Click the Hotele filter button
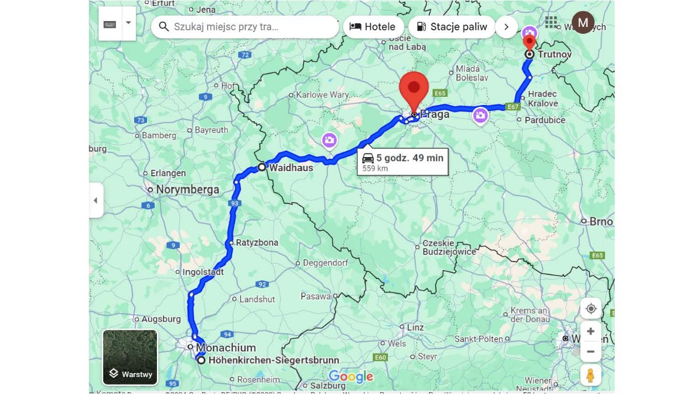[x=372, y=27]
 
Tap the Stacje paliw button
[x=452, y=27]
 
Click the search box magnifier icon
[x=164, y=27]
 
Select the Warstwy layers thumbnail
[x=130, y=357]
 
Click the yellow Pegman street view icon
[x=590, y=375]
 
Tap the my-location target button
[x=590, y=308]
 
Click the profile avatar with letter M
[x=583, y=23]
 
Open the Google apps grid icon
[x=551, y=22]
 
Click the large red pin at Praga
[x=414, y=91]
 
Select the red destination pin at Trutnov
[x=529, y=42]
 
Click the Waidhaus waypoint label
[x=290, y=168]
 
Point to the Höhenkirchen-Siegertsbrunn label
[x=274, y=361]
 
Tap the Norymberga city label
[x=187, y=190]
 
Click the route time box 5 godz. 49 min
[x=402, y=162]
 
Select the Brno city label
[x=601, y=222]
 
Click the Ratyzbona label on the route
[x=257, y=242]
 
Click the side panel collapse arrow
[x=96, y=200]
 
